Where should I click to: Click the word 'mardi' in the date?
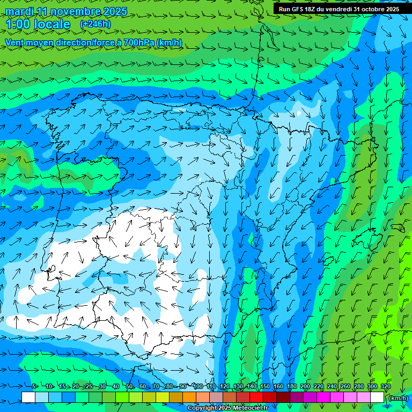point(19,11)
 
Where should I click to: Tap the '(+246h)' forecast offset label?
point(95,24)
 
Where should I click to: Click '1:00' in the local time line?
point(17,25)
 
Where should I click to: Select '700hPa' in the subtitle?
point(139,42)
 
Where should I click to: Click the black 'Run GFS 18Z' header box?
point(339,9)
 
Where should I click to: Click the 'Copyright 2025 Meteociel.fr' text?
point(227,408)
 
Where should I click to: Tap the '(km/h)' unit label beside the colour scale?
point(398,398)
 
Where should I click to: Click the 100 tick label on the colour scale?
point(197,387)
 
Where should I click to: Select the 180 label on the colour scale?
point(291,387)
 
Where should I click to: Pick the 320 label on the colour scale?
point(385,387)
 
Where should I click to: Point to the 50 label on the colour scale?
point(129,387)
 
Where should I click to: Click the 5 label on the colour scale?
point(34,387)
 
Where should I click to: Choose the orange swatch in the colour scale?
point(189,398)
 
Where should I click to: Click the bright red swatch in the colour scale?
point(256,398)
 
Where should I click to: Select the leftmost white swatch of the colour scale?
point(28,398)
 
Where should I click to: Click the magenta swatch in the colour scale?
point(323,398)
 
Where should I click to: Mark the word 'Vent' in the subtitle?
point(15,42)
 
